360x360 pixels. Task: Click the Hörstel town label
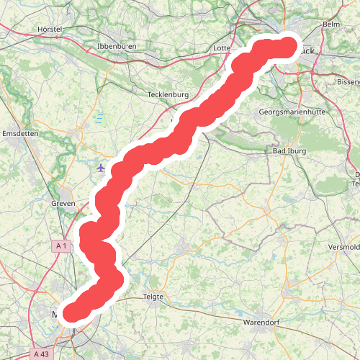coord(50,30)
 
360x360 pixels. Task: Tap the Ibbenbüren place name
coord(117,47)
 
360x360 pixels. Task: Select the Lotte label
coord(222,48)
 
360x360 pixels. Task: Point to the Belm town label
coord(331,24)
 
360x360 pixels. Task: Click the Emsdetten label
coord(20,135)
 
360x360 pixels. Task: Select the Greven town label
coord(63,204)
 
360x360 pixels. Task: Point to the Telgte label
coord(154,297)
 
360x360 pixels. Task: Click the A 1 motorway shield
coord(61,246)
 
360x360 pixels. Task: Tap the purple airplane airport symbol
coord(100,168)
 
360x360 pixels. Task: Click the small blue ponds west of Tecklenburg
coord(99,120)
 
